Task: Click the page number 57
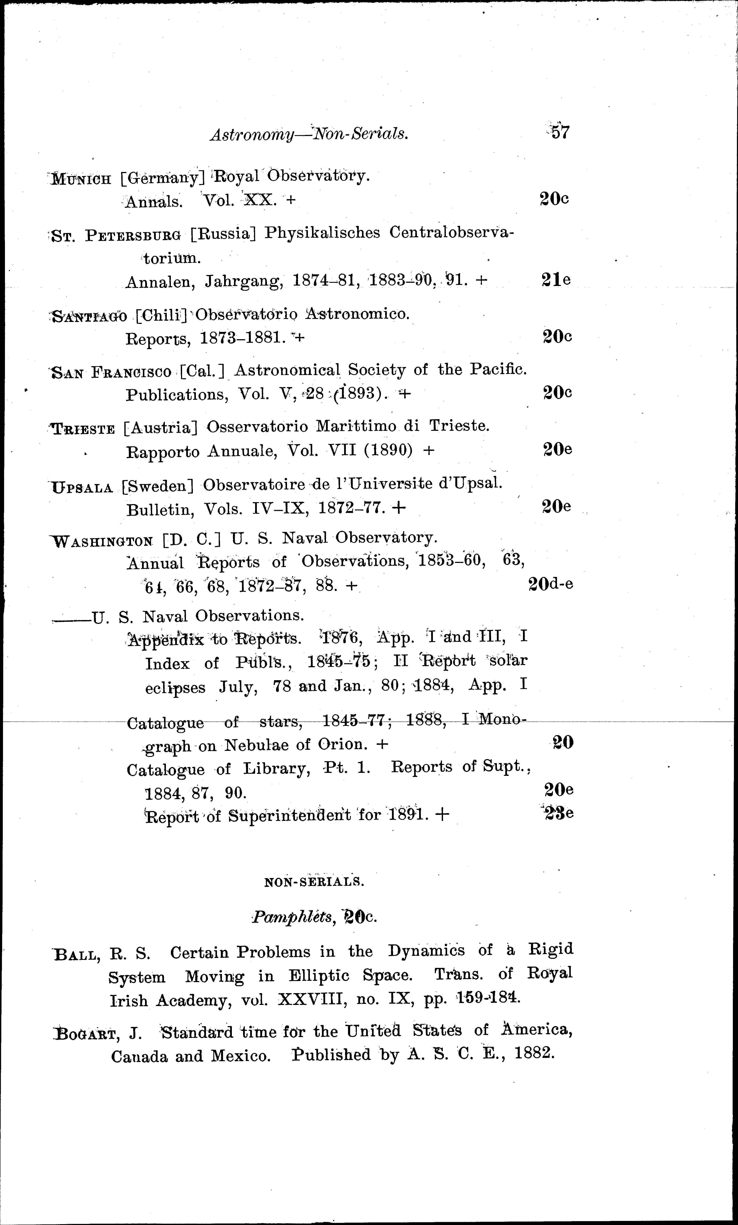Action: point(560,132)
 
